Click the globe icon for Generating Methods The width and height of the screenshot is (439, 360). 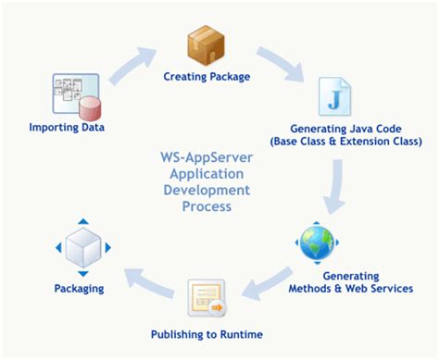click(x=317, y=243)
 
